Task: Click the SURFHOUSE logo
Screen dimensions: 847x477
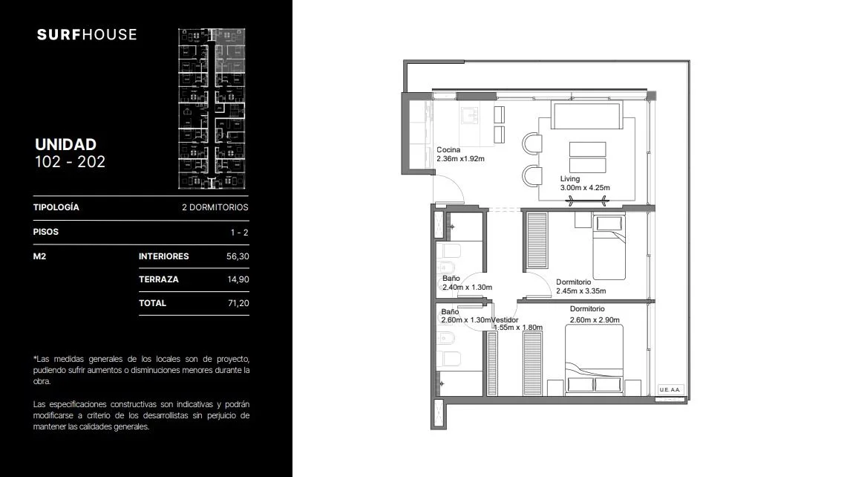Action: click(x=87, y=35)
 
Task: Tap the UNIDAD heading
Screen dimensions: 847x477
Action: click(x=66, y=144)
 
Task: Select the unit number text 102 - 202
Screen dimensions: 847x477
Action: click(x=71, y=162)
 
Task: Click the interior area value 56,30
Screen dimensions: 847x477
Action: click(x=238, y=256)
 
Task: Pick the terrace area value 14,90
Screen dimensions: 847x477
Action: click(x=238, y=279)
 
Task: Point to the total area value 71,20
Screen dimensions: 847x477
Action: click(x=238, y=303)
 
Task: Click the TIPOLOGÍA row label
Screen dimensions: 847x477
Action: click(x=56, y=207)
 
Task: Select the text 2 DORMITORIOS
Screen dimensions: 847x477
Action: click(x=215, y=207)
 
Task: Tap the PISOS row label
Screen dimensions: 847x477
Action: click(x=46, y=232)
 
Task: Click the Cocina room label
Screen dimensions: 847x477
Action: click(x=448, y=150)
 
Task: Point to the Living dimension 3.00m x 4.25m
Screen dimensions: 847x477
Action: click(x=585, y=188)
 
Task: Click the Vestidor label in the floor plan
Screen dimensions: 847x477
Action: click(x=505, y=319)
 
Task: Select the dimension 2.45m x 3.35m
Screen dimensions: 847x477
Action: click(x=581, y=291)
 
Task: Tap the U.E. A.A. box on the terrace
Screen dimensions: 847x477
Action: click(x=670, y=389)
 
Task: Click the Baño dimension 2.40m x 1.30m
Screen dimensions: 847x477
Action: click(x=467, y=288)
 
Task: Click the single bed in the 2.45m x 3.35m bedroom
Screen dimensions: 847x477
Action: click(x=609, y=247)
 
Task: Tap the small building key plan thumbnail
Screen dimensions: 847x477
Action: click(x=212, y=108)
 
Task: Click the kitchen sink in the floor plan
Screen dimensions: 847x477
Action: click(x=469, y=116)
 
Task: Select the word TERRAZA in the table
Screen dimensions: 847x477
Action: click(x=159, y=279)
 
